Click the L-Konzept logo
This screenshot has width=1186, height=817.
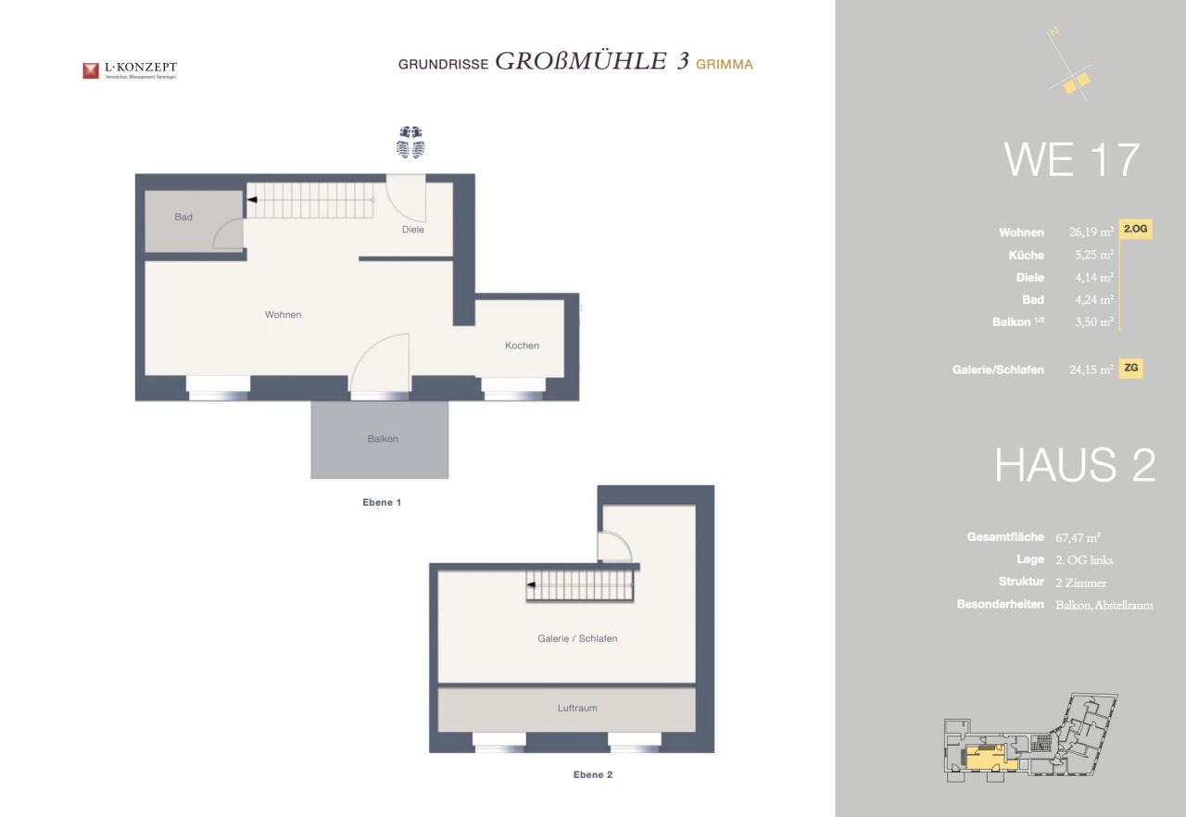(129, 69)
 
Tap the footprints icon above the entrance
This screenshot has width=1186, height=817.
(410, 142)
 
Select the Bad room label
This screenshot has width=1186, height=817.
(183, 217)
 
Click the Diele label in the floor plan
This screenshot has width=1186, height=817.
(412, 230)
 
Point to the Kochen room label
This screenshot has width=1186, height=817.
(522, 346)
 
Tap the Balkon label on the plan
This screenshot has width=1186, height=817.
(383, 439)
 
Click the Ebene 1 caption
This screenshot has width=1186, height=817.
(381, 502)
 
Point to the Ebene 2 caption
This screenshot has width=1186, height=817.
(593, 774)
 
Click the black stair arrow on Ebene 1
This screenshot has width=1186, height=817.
(251, 200)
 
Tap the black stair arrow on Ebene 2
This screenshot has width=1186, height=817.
(532, 585)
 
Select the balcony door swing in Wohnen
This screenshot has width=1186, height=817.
(380, 364)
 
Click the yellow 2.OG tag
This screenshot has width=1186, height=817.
(1136, 229)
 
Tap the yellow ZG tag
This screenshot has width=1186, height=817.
(1130, 368)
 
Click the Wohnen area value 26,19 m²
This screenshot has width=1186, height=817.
(1091, 233)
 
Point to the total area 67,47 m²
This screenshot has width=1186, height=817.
(1078, 537)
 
